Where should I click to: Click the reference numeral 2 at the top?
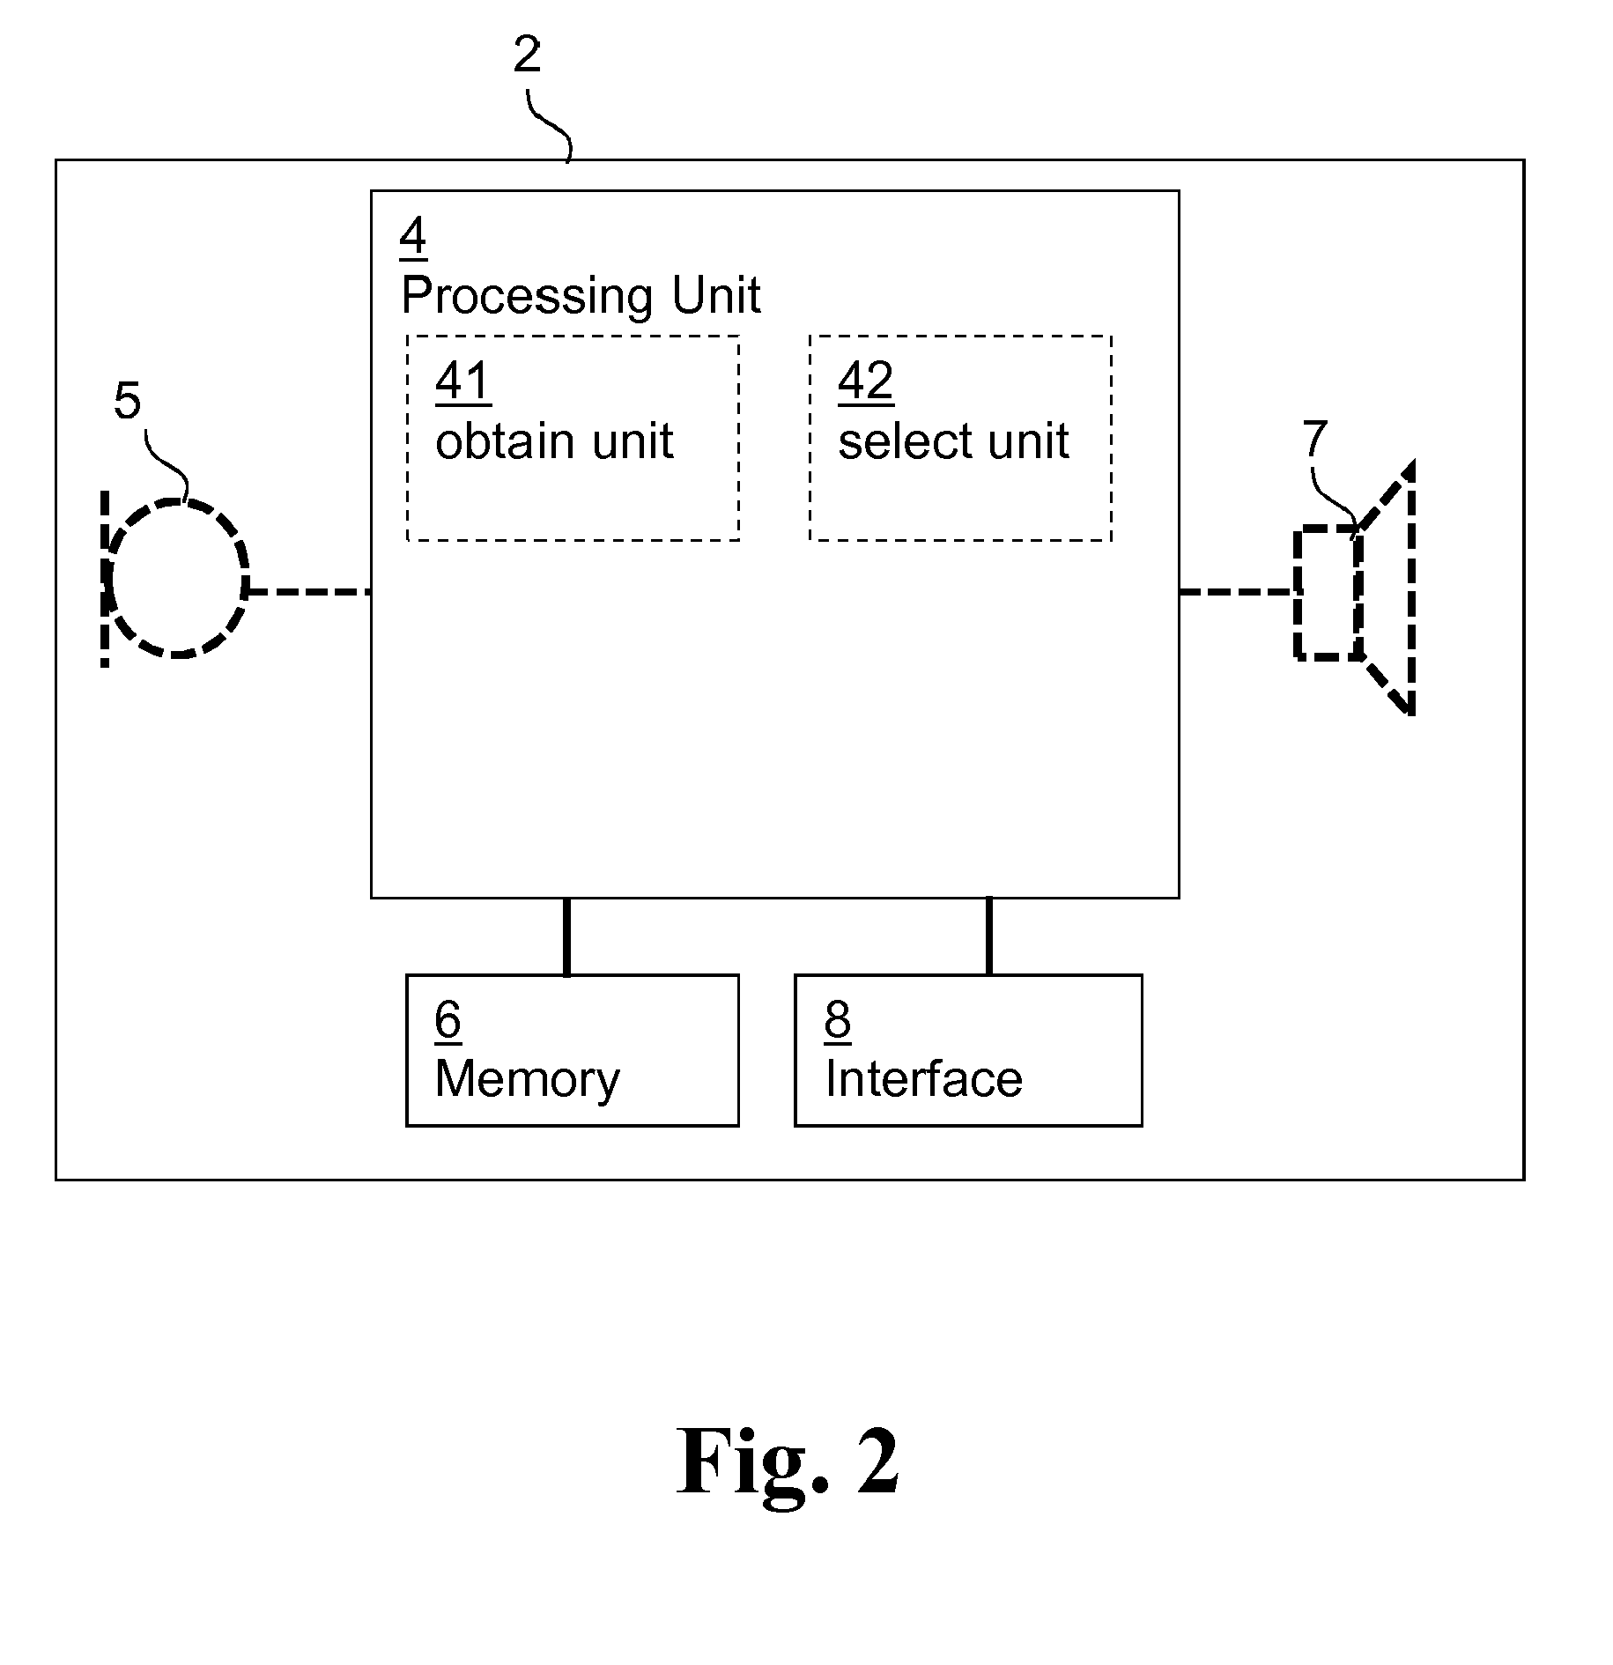point(527,56)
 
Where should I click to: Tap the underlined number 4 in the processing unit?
point(412,236)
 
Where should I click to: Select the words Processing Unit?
point(581,295)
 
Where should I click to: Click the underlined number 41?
point(462,381)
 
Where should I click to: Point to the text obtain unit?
point(554,440)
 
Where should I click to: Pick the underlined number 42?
point(865,381)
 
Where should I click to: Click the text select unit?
point(953,440)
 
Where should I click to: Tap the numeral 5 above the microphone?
point(127,401)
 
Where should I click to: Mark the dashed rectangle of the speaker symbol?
point(1328,592)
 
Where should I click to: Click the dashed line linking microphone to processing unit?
point(308,592)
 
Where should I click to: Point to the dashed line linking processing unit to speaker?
point(1237,592)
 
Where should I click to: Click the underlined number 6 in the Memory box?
point(448,1020)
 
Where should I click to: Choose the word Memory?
point(527,1079)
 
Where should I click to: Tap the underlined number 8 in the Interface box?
point(837,1020)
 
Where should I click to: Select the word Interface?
point(923,1079)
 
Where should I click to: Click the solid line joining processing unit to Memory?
point(566,936)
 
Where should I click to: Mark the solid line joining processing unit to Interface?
point(988,936)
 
